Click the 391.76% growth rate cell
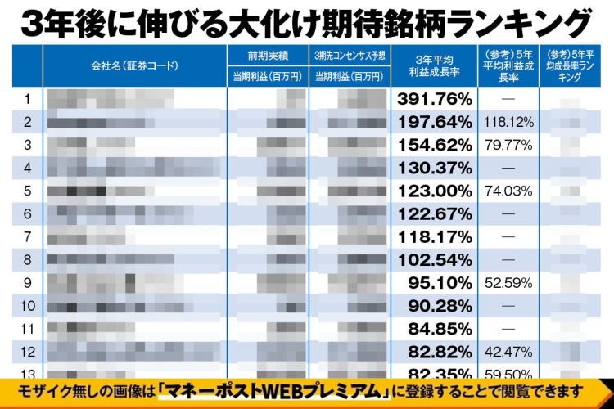(x=435, y=99)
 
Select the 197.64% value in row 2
(x=435, y=122)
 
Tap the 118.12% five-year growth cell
(x=508, y=122)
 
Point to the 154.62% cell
(x=435, y=145)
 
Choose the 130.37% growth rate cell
(x=435, y=168)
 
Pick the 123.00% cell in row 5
(x=435, y=191)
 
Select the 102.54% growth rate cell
(x=435, y=260)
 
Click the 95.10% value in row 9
(x=440, y=283)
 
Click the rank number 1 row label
(x=27, y=99)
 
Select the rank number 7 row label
(x=27, y=237)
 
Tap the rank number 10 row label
(x=27, y=306)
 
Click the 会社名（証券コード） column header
(x=134, y=65)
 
